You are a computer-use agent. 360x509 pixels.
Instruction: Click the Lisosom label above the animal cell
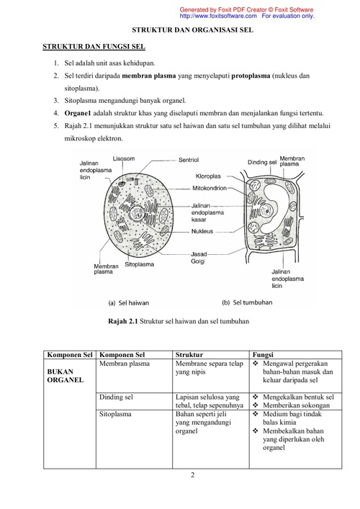tap(124, 158)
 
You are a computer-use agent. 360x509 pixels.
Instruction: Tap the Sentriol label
tap(189, 160)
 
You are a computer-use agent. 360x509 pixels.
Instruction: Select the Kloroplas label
tap(208, 176)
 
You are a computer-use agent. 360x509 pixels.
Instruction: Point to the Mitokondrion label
tap(210, 188)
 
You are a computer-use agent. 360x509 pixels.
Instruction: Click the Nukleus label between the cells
tap(202, 231)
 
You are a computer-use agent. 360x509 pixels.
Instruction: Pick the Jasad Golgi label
tap(199, 258)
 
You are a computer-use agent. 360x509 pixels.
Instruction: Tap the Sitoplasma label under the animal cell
tap(139, 264)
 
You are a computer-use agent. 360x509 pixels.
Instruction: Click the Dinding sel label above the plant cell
tap(262, 162)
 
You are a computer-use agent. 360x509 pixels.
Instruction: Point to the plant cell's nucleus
tap(268, 210)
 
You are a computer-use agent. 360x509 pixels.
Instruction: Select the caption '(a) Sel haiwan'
tap(129, 303)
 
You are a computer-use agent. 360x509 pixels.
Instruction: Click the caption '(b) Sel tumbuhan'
tap(247, 302)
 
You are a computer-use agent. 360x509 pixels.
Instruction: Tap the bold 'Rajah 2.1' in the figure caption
tap(123, 321)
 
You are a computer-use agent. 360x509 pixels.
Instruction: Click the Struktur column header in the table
tap(189, 355)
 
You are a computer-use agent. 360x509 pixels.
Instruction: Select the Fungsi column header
tap(263, 355)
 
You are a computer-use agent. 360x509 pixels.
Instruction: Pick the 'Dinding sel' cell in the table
tap(116, 397)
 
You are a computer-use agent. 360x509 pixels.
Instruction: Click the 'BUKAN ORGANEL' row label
tap(66, 376)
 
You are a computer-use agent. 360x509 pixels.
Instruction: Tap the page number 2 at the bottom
tap(192, 475)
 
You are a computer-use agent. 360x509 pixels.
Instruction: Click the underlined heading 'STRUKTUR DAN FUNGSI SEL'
tap(94, 47)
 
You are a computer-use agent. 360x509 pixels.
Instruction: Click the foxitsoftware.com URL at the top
tap(218, 16)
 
